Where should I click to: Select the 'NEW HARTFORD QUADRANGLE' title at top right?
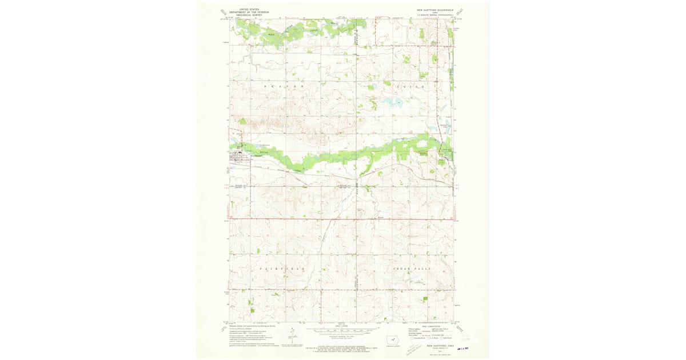click(x=435, y=10)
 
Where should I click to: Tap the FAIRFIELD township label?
click(x=282, y=268)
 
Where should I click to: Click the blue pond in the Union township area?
click(x=393, y=103)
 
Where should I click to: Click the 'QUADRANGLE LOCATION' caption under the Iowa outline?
click(x=394, y=346)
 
